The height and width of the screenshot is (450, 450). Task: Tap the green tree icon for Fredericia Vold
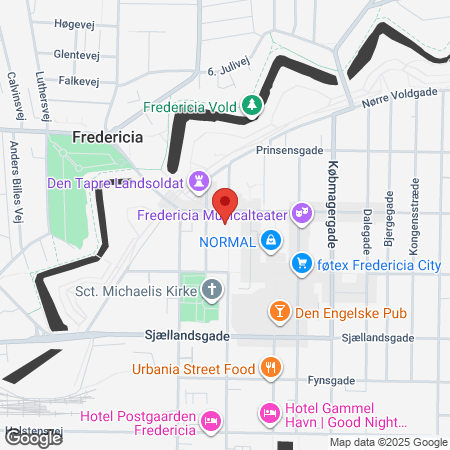pos(254,104)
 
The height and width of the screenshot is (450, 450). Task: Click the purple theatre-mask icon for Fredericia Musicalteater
pos(303,213)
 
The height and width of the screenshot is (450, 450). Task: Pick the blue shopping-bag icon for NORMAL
pos(271,240)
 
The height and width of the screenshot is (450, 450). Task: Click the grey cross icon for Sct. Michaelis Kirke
pos(211,291)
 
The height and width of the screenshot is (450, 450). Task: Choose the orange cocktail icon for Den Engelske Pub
pos(281,311)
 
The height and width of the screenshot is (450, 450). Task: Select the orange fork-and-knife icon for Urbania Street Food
pos(269,368)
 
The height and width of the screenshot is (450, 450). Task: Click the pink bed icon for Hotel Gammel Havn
pos(268,411)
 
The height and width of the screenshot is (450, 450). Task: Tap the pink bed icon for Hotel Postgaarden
pos(210,423)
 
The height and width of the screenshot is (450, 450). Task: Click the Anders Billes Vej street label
pos(16,180)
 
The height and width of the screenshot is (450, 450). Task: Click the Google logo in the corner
pos(32,437)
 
